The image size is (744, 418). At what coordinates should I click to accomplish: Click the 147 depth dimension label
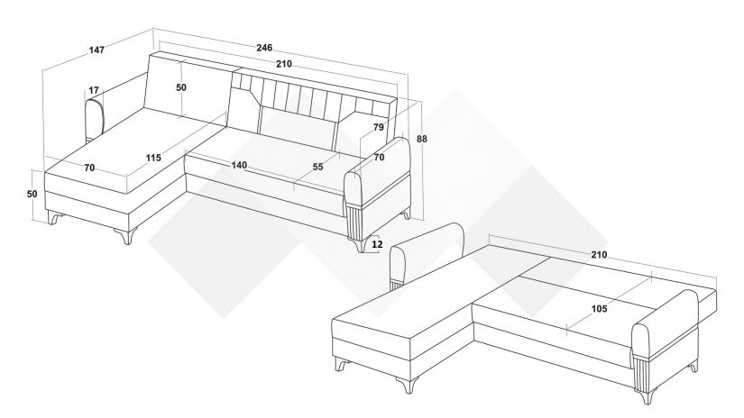(96, 49)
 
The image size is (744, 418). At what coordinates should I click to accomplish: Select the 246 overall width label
(264, 48)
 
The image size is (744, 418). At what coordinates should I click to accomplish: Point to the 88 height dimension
(422, 139)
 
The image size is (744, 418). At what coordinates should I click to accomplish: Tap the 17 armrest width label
(94, 89)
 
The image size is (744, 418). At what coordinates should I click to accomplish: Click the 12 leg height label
(377, 244)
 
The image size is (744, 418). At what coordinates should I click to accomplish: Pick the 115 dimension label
(153, 158)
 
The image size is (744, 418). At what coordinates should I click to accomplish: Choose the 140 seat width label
(239, 165)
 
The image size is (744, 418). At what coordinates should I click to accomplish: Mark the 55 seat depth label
(318, 167)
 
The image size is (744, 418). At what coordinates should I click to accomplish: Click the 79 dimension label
(378, 127)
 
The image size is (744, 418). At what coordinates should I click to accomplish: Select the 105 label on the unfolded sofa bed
(600, 309)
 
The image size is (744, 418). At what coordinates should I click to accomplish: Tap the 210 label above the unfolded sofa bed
(599, 255)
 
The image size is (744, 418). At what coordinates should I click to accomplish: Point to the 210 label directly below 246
(284, 64)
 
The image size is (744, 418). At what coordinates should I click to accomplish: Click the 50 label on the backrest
(181, 87)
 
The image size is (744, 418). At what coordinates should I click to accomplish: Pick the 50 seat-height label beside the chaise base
(32, 194)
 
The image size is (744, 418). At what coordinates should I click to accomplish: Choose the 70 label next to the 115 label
(89, 168)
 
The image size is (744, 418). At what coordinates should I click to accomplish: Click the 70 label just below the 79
(379, 158)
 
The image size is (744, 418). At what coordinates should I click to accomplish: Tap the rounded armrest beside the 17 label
(95, 120)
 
